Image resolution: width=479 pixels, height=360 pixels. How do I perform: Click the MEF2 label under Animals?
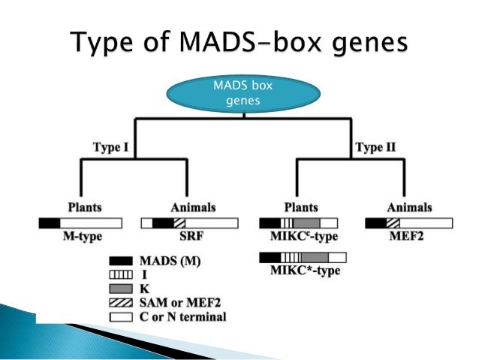pos(409,237)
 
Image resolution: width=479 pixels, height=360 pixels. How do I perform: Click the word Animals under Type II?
pos(409,207)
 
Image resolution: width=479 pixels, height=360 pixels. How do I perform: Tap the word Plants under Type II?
pos(299,207)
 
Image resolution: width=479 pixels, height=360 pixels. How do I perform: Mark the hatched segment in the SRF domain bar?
pos(179,223)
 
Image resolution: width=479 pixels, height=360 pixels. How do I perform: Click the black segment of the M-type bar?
pos(49,223)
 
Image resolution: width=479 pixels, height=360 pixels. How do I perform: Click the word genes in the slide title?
pos(364,40)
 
